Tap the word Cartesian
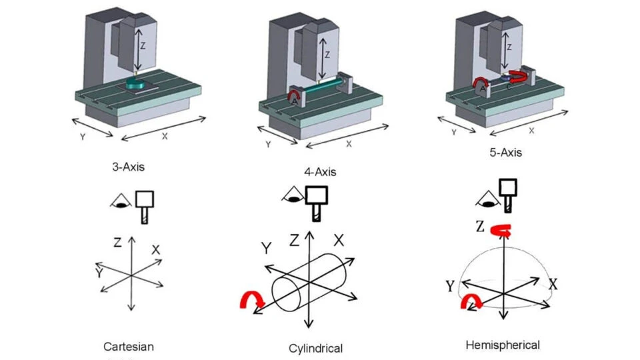point(129,347)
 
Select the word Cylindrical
point(316,348)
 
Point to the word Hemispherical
point(502,345)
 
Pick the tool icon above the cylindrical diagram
point(317,200)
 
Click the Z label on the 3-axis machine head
point(141,45)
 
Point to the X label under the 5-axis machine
point(531,131)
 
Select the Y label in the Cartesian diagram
point(99,273)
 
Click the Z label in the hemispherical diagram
point(479,226)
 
